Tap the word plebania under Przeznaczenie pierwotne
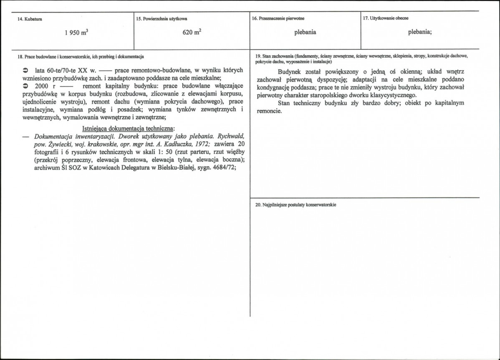coord(305,32)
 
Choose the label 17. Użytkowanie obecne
coord(386,18)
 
